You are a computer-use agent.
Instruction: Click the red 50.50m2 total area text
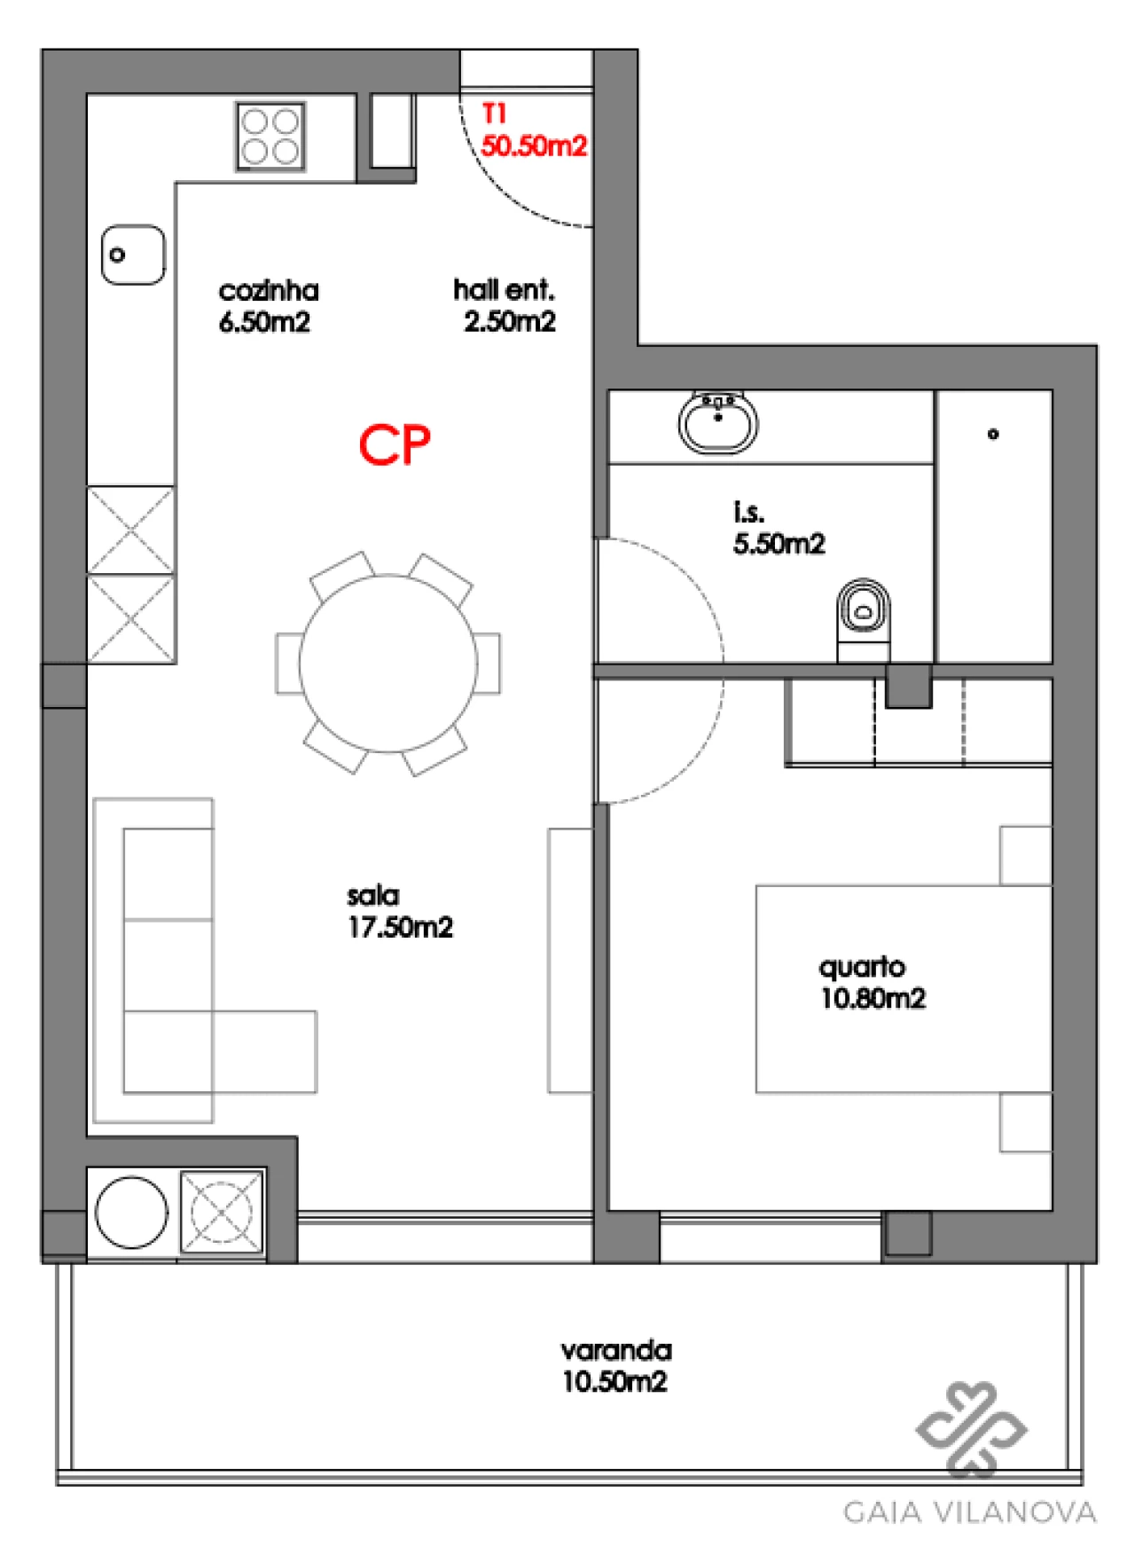[534, 145]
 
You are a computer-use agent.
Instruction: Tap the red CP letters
[395, 444]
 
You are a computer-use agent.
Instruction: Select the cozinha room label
[269, 290]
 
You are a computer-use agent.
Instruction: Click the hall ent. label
[504, 289]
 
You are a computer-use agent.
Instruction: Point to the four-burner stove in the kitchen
[270, 137]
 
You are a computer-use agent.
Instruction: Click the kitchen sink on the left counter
[133, 255]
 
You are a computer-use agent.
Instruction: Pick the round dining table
[387, 664]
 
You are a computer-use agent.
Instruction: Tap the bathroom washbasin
[718, 423]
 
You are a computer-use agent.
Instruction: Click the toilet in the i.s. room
[863, 612]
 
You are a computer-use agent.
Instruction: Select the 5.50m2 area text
[779, 543]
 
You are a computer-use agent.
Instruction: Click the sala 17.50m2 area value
[400, 927]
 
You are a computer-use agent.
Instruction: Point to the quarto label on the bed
[862, 966]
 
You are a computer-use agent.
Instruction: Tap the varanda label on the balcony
[616, 1350]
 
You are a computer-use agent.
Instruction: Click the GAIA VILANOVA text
[969, 1511]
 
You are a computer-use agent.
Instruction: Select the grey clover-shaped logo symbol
[971, 1428]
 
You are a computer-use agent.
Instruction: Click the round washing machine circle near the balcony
[131, 1213]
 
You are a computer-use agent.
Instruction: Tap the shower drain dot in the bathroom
[993, 434]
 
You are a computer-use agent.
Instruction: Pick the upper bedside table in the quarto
[1025, 855]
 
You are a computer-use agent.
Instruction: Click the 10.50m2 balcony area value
[614, 1381]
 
